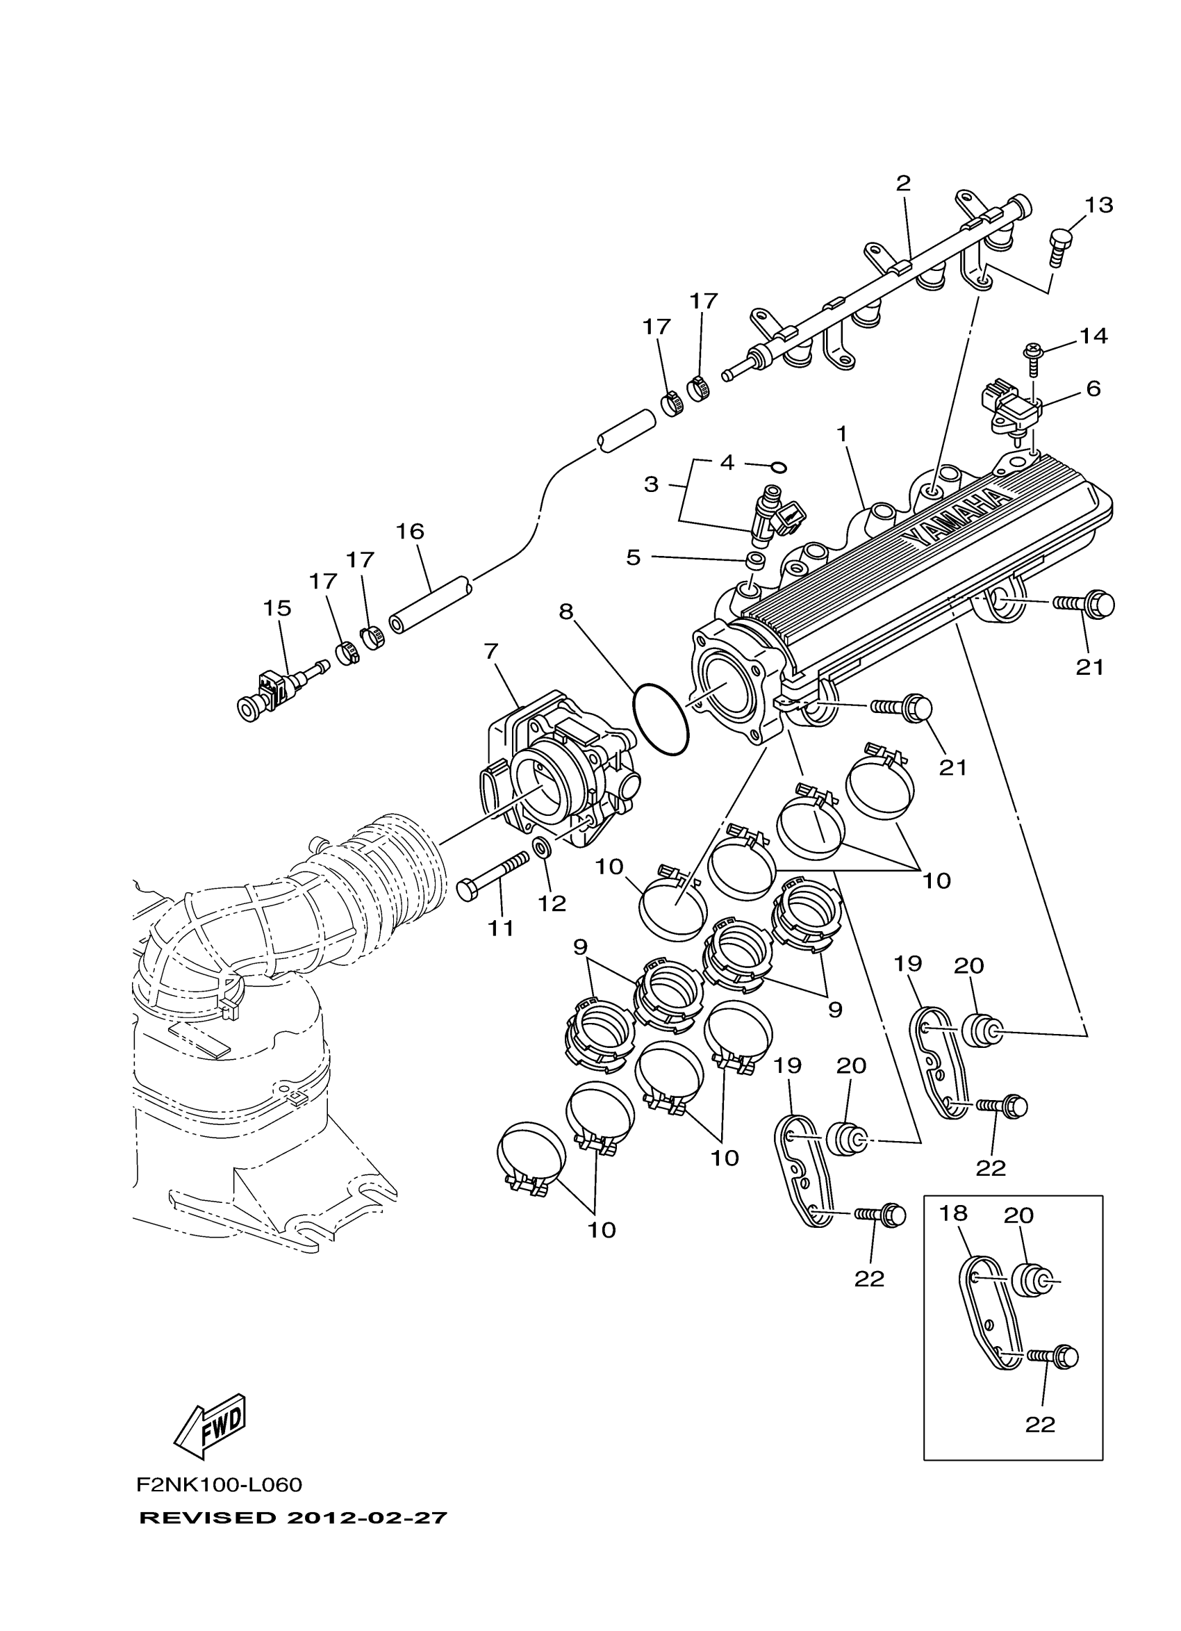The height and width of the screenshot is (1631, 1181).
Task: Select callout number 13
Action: point(1098,205)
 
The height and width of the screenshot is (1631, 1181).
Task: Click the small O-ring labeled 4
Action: point(779,468)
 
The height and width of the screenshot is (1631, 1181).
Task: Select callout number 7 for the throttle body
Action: point(491,652)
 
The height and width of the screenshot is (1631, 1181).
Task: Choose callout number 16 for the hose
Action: point(410,532)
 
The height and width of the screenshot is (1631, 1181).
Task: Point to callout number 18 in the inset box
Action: point(953,1213)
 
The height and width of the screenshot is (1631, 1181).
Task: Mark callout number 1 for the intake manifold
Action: point(842,434)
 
